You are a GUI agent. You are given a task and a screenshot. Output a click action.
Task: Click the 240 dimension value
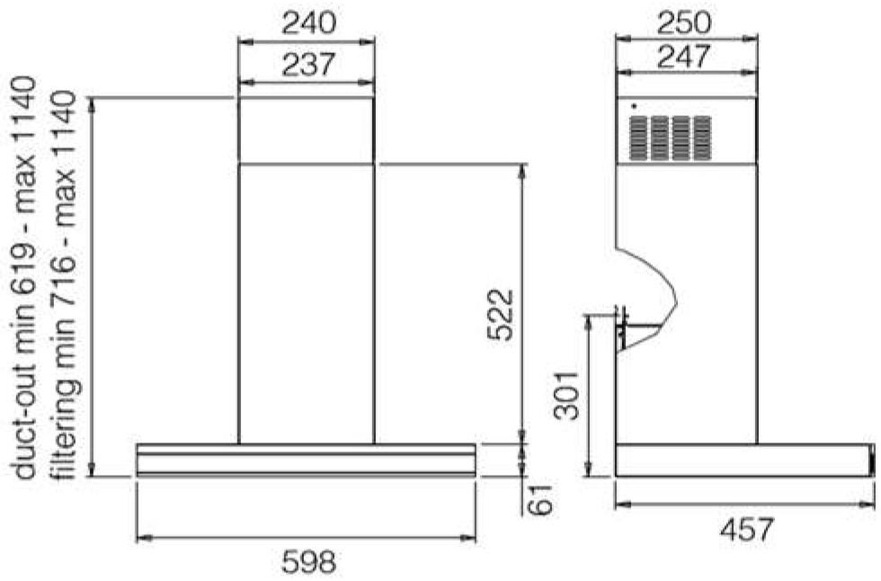(307, 23)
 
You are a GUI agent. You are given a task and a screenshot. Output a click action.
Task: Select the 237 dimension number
(307, 64)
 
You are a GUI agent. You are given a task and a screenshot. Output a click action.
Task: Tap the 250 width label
(684, 23)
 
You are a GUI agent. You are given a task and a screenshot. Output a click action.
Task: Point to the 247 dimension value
(684, 56)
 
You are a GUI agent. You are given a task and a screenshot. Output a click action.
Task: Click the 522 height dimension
(500, 315)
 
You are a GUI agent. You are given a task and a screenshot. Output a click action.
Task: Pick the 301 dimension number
(566, 395)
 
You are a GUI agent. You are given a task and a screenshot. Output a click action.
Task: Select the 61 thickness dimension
(540, 497)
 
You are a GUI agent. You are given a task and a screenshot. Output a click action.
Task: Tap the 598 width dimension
(308, 561)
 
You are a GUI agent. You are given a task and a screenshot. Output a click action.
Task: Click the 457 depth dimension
(747, 530)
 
